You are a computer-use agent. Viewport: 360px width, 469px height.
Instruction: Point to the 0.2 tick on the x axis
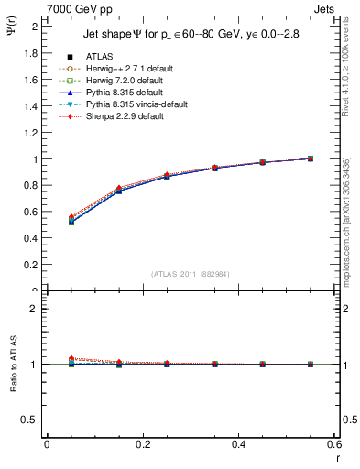(x=142, y=443)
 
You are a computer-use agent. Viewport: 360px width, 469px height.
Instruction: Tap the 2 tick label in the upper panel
(x=35, y=27)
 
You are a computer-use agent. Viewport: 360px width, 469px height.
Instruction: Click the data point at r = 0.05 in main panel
(x=71, y=220)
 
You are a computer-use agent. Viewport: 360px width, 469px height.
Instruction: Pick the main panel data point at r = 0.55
(x=311, y=158)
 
